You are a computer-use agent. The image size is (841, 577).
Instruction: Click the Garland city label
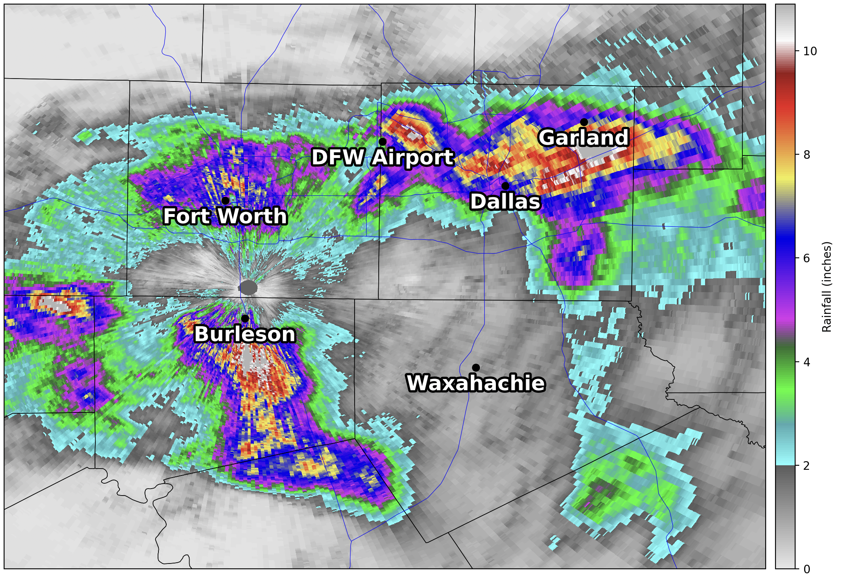tap(583, 137)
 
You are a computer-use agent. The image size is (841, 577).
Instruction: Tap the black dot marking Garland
tap(584, 122)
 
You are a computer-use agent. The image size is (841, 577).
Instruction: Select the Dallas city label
tap(505, 202)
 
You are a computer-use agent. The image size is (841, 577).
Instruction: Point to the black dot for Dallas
tap(506, 186)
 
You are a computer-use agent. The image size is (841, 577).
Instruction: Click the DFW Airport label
tap(382, 158)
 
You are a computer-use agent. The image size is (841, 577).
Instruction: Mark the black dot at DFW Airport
tap(382, 142)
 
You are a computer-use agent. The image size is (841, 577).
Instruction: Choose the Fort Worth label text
tap(225, 216)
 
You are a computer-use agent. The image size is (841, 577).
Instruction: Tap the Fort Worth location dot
tap(225, 201)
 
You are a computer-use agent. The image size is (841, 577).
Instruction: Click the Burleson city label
tap(244, 334)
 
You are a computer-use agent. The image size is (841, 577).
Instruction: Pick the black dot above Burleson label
tap(245, 318)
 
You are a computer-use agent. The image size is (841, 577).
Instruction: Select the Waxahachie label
tap(476, 383)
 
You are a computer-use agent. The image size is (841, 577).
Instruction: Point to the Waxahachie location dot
tap(476, 368)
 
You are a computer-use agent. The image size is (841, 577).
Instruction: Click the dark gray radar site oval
tap(249, 288)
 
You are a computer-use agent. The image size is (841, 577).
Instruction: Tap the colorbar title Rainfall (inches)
tap(827, 286)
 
